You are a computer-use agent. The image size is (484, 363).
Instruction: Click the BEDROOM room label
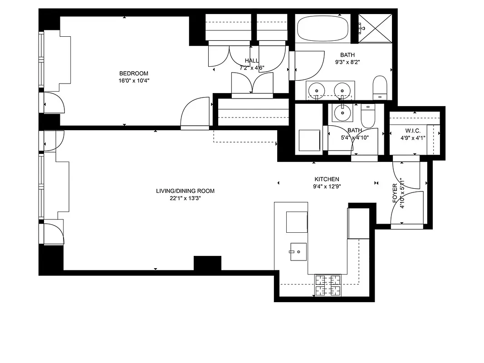(133, 74)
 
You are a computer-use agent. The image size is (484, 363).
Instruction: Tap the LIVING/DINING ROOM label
(185, 191)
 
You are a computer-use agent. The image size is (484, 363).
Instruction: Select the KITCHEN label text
(327, 179)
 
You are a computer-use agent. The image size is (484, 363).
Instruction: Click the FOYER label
(395, 193)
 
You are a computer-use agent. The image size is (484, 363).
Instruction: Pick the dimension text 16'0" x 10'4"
(133, 81)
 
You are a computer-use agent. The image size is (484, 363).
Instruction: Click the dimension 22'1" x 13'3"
(185, 198)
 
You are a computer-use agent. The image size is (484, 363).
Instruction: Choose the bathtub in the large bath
(323, 29)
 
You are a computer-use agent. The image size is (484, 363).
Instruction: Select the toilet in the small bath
(367, 117)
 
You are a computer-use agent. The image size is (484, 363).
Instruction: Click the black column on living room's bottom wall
(207, 263)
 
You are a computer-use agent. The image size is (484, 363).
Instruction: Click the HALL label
(252, 61)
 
